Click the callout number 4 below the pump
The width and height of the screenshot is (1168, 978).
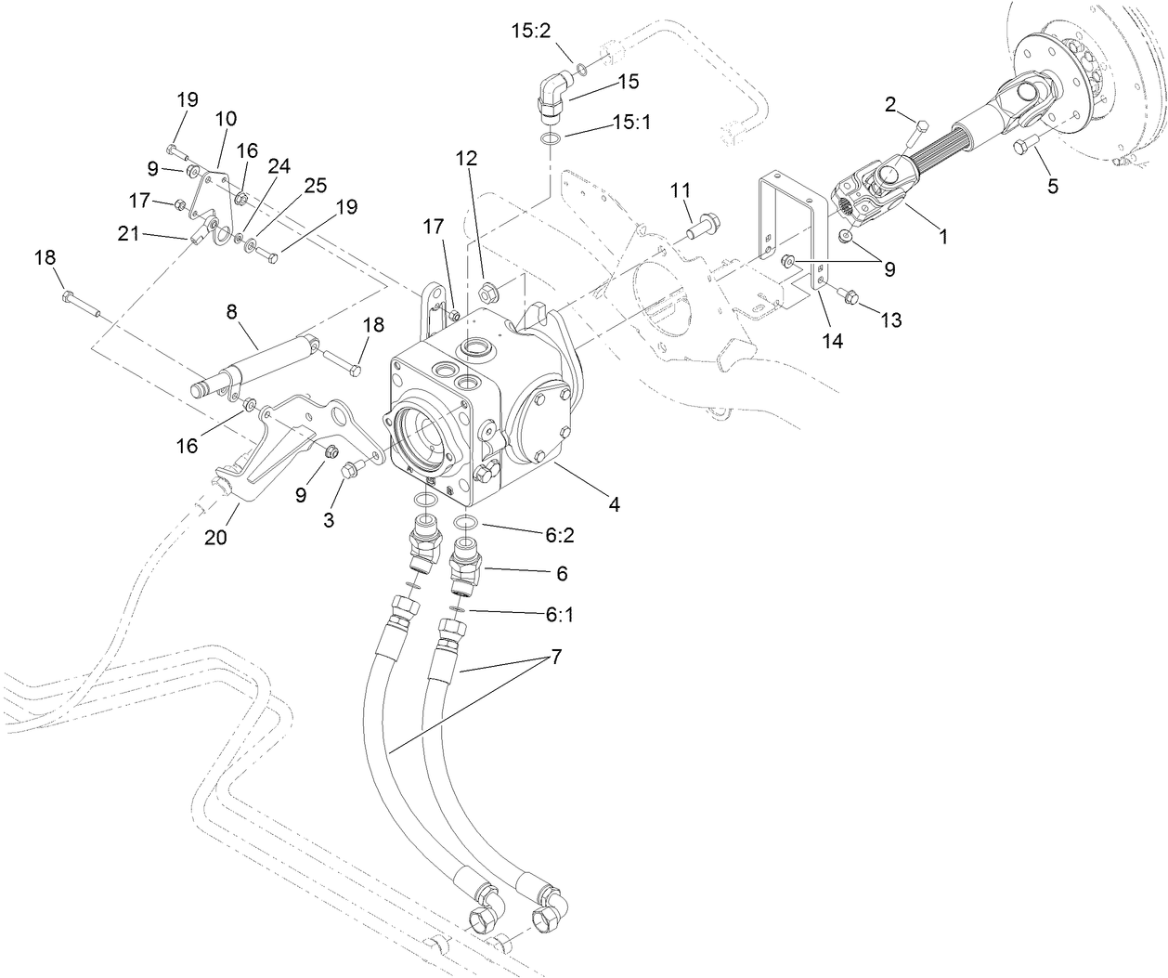(x=614, y=504)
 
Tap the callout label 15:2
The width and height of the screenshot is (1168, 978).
(x=531, y=31)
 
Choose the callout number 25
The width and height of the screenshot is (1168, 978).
(x=316, y=185)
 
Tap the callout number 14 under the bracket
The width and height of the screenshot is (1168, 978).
(x=833, y=341)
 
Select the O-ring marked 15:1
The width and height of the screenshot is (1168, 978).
(x=551, y=140)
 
